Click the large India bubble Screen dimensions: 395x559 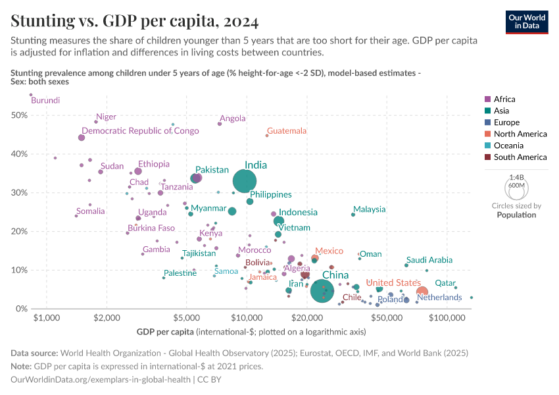pyautogui.click(x=245, y=180)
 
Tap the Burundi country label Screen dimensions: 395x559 pyautogui.click(x=45, y=101)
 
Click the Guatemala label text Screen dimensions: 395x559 pyautogui.click(x=287, y=131)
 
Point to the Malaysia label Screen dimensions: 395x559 pyautogui.click(x=369, y=209)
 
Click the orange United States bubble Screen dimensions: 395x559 pyautogui.click(x=422, y=292)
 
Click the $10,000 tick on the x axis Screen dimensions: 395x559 pyautogui.click(x=247, y=318)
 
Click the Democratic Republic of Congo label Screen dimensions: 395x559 pyautogui.click(x=140, y=131)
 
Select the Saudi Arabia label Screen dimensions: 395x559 pyautogui.click(x=429, y=260)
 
